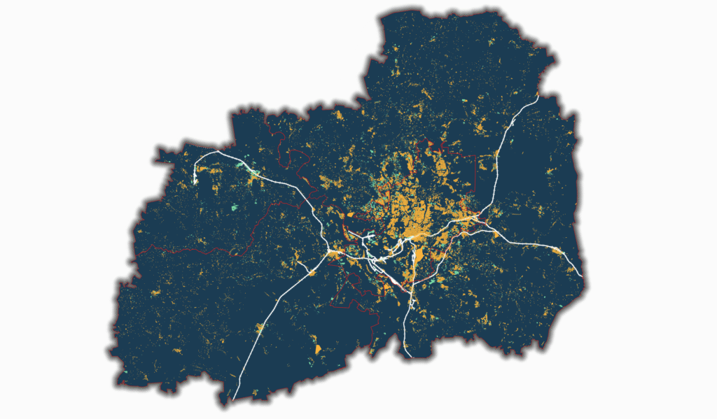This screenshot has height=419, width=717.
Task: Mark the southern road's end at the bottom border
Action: point(408,356)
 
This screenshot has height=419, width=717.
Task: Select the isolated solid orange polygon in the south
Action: point(316,348)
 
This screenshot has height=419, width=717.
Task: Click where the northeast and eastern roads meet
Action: point(478,219)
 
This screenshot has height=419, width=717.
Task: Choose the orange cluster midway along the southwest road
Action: point(260,327)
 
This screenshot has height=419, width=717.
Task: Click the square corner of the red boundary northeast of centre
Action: point(475,156)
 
